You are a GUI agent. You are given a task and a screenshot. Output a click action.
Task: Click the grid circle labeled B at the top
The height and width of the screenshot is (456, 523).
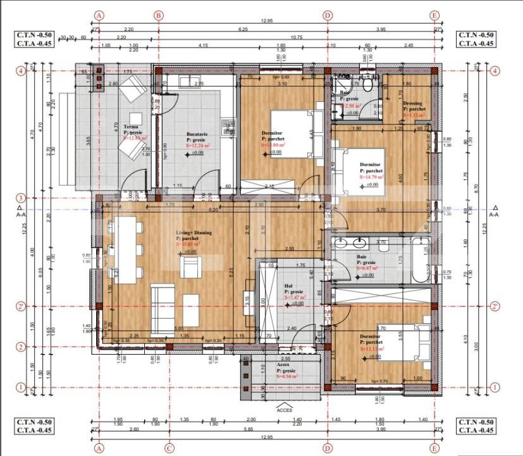(x=158, y=15)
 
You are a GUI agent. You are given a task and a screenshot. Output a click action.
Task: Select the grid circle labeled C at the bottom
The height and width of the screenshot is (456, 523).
(x=169, y=447)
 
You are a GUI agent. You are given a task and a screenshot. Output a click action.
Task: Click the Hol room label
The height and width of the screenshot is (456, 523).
(x=288, y=286)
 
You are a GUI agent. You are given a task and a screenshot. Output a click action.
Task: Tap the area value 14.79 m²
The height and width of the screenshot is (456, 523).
(x=371, y=178)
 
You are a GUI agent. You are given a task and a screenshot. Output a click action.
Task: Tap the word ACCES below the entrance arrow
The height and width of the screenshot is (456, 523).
(x=284, y=410)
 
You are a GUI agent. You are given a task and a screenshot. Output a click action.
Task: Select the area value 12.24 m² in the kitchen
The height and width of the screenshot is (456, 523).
(x=196, y=145)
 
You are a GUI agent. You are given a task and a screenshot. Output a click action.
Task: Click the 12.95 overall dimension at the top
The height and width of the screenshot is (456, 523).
(x=266, y=21)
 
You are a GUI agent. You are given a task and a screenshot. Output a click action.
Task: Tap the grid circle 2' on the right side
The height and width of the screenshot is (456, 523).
(x=495, y=307)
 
